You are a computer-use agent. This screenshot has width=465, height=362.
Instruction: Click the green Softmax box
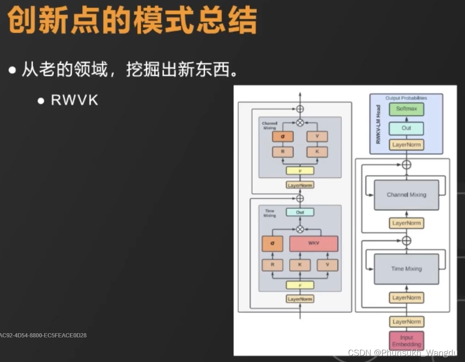[x=406, y=109]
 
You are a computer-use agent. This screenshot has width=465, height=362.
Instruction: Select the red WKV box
[x=314, y=244]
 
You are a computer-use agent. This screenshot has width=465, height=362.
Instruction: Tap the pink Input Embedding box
[x=406, y=341]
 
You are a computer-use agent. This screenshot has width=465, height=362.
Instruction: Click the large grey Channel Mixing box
[x=406, y=195]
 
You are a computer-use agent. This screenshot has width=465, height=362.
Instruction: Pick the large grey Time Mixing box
[x=406, y=269]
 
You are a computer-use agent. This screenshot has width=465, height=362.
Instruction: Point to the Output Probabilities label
[x=406, y=98]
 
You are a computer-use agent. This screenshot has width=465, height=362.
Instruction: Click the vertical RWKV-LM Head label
[x=378, y=124]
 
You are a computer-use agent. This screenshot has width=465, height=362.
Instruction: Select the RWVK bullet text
[x=74, y=100]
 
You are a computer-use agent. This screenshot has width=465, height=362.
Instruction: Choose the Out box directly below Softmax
[x=406, y=128]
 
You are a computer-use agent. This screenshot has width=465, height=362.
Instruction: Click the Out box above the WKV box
[x=300, y=212]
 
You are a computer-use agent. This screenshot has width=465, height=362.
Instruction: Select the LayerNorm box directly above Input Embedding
[x=406, y=322]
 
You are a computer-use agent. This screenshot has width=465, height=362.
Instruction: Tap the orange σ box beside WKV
[x=272, y=244]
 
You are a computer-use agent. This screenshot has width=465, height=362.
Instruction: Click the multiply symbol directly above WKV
[x=300, y=229]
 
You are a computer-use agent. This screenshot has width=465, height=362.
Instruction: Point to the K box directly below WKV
[x=300, y=265]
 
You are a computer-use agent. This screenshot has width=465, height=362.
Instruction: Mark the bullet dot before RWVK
[x=41, y=100]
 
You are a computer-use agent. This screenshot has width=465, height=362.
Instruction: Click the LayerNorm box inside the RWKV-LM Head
[x=406, y=145]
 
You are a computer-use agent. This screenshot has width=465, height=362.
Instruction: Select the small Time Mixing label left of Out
[x=269, y=213]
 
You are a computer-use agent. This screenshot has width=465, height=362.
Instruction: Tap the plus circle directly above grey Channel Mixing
[x=406, y=165]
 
